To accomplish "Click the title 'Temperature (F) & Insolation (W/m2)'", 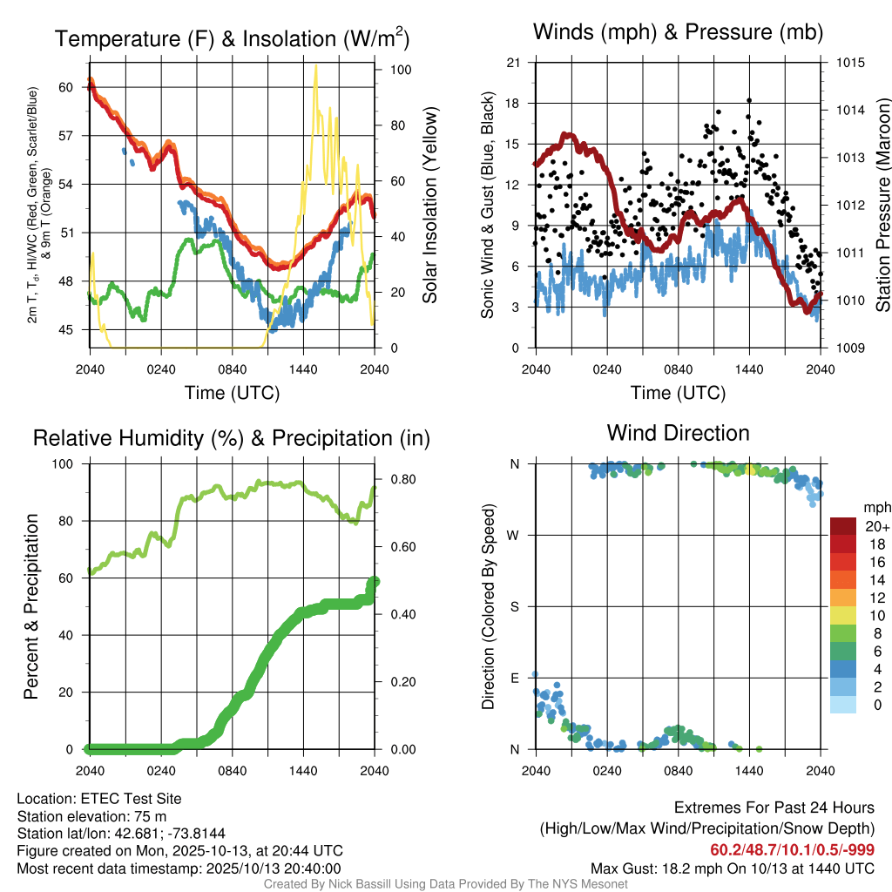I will pos(232,38).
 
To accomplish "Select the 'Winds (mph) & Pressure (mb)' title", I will pos(679,32).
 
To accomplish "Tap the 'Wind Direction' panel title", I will pos(679,432).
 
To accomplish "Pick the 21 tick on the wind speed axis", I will pos(513,63).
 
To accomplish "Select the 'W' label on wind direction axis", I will pos(514,535).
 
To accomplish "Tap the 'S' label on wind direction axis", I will pos(514,606).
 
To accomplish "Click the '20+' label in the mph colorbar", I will pos(876,527).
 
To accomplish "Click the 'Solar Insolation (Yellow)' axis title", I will pos(429,205).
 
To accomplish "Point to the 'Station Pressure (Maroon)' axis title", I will pos(882,205).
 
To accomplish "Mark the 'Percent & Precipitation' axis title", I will pos(31,606).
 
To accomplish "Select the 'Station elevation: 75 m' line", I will pos(91,816).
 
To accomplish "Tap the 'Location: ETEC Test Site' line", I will pos(99,799).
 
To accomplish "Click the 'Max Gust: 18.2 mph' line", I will pos(733,868).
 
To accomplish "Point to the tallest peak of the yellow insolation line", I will pos(315,66).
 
